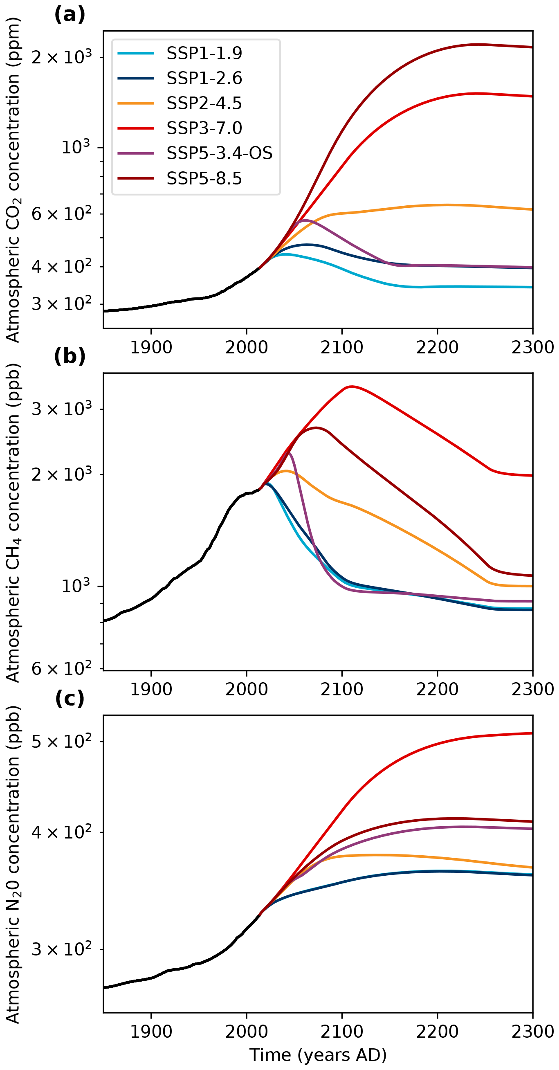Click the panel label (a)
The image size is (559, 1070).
click(x=70, y=15)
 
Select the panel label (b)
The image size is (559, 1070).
click(x=70, y=356)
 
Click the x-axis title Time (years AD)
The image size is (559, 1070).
click(x=318, y=1054)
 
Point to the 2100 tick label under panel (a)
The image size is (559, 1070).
click(x=342, y=347)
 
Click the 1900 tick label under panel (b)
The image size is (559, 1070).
click(x=151, y=689)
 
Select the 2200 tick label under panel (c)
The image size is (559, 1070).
click(x=437, y=1032)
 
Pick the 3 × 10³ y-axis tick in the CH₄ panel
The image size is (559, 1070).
click(x=61, y=409)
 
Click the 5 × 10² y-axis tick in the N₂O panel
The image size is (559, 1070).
click(x=61, y=742)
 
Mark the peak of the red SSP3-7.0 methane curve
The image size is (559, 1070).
click(x=351, y=387)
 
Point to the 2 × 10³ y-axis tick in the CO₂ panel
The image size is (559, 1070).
click(x=61, y=57)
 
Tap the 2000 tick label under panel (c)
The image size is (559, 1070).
click(x=246, y=1032)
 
